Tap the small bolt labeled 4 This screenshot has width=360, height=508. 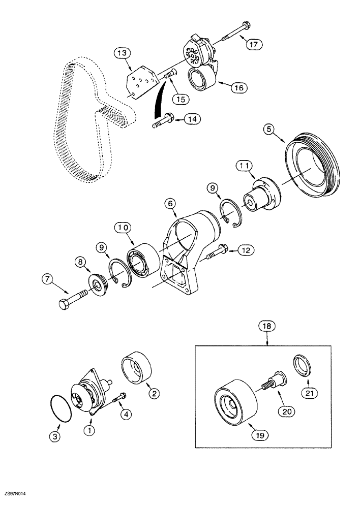point(119,397)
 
